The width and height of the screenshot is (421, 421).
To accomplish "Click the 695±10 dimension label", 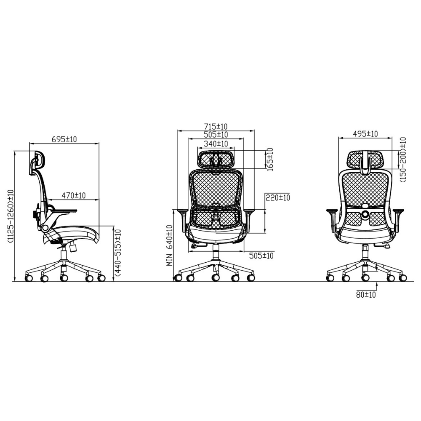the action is [x=64, y=139].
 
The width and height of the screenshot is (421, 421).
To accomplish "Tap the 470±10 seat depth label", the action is [x=74, y=195].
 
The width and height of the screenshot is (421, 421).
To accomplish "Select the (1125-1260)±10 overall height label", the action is [x=11, y=216].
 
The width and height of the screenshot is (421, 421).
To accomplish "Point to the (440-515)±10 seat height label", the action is [x=118, y=253].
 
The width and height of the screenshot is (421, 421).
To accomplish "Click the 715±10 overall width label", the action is [x=216, y=126].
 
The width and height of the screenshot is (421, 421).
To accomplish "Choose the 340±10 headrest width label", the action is [x=216, y=144].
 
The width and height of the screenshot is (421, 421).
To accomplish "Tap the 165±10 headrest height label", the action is [x=270, y=160].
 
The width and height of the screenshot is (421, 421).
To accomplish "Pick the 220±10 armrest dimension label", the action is [x=278, y=197].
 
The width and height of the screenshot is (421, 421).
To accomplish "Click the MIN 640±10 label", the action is [x=169, y=245].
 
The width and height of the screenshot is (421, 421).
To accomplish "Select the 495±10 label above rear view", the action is [x=365, y=134].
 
